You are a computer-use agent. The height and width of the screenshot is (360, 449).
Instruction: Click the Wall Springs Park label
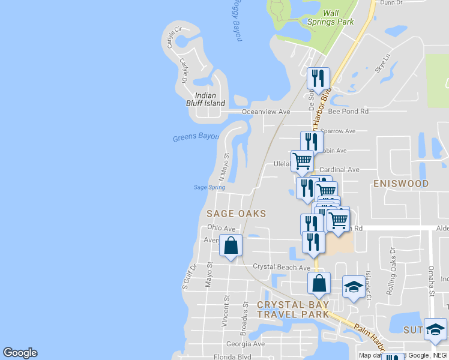[331, 17]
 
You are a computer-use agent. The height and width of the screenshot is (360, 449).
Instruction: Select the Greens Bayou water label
[193, 137]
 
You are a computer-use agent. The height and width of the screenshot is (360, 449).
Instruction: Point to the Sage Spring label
[209, 187]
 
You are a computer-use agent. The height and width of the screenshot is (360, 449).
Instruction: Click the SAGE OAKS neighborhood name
[236, 213]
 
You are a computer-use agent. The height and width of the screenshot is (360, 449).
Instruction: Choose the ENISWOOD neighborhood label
[401, 184]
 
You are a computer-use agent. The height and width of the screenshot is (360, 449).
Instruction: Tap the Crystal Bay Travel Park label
[293, 309]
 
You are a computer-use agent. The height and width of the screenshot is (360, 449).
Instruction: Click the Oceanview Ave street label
[266, 112]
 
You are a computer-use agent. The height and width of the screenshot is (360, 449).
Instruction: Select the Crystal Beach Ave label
[281, 267]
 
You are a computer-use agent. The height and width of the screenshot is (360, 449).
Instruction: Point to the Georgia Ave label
[246, 344]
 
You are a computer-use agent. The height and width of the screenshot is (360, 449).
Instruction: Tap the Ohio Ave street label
[221, 228]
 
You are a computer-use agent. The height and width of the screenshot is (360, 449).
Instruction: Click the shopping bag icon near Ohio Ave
[231, 245]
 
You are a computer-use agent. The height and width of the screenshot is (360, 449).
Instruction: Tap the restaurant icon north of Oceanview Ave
[318, 78]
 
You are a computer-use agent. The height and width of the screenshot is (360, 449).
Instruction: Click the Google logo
[20, 353]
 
